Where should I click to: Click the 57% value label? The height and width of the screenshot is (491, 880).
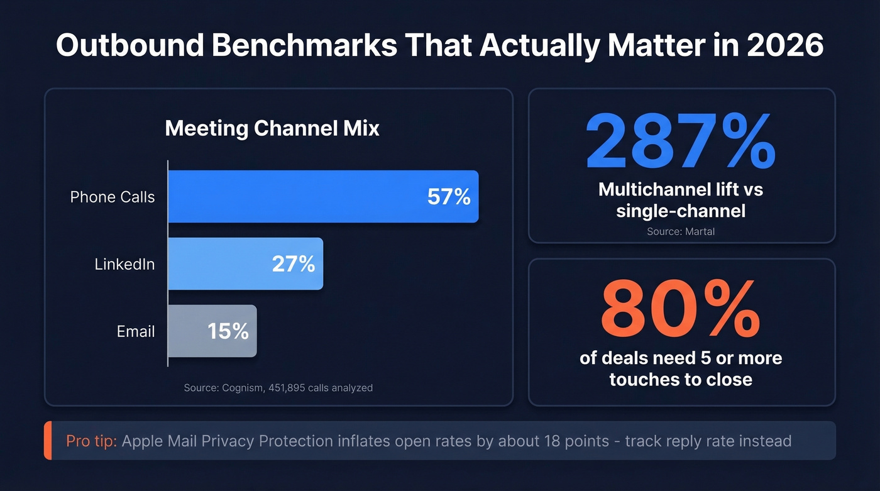coord(449,197)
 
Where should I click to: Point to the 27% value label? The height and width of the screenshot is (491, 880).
coord(294,264)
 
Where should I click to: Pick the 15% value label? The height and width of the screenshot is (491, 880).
coord(228,331)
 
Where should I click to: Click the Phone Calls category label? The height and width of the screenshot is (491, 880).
coord(113,197)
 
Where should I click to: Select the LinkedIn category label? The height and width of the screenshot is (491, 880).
coord(124,264)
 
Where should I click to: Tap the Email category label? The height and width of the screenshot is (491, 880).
coord(136,331)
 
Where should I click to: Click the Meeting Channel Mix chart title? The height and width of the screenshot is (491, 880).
coord(272,128)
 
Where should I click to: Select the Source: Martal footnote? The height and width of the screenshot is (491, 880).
coord(681,231)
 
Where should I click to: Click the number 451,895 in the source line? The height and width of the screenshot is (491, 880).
coord(287,388)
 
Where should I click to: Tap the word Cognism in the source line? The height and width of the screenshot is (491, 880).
coord(242,388)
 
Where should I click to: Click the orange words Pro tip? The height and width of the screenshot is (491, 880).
coord(92,441)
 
